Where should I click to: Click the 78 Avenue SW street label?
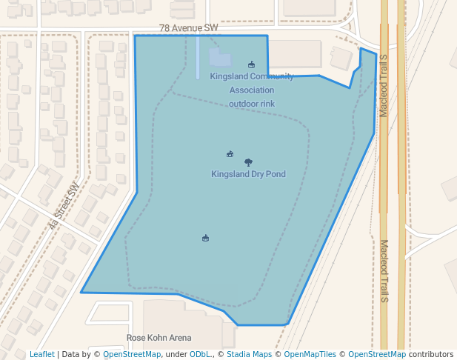[x=189, y=28]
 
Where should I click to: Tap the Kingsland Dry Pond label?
[x=248, y=175]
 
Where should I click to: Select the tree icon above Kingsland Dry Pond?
[x=248, y=162]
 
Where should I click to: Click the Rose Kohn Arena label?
[x=159, y=338]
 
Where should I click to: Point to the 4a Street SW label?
[x=63, y=204]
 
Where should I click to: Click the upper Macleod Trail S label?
[x=384, y=89]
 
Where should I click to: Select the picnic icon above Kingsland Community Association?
[x=252, y=64]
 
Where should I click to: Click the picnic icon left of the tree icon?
[x=230, y=154]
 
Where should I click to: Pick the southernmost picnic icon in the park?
[x=205, y=238]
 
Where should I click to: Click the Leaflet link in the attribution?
[x=41, y=355]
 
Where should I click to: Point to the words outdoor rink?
[x=252, y=104]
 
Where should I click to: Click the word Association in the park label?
[x=252, y=90]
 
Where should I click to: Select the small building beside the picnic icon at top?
[x=220, y=58]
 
